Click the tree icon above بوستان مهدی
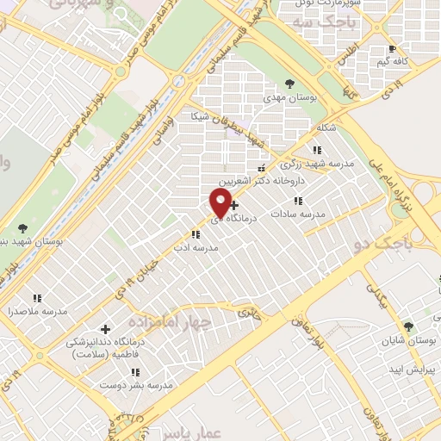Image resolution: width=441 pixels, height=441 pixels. click(289, 84)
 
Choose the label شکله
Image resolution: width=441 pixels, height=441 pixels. click(326, 127)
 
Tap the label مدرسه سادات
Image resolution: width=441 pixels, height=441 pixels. click(298, 213)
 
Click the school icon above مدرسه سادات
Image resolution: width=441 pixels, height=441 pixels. click(298, 200)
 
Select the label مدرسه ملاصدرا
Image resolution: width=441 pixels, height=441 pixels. click(35, 311)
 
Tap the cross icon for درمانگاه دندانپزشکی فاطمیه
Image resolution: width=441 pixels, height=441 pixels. click(106, 328)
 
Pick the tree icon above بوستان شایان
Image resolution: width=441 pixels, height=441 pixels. click(408, 326)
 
